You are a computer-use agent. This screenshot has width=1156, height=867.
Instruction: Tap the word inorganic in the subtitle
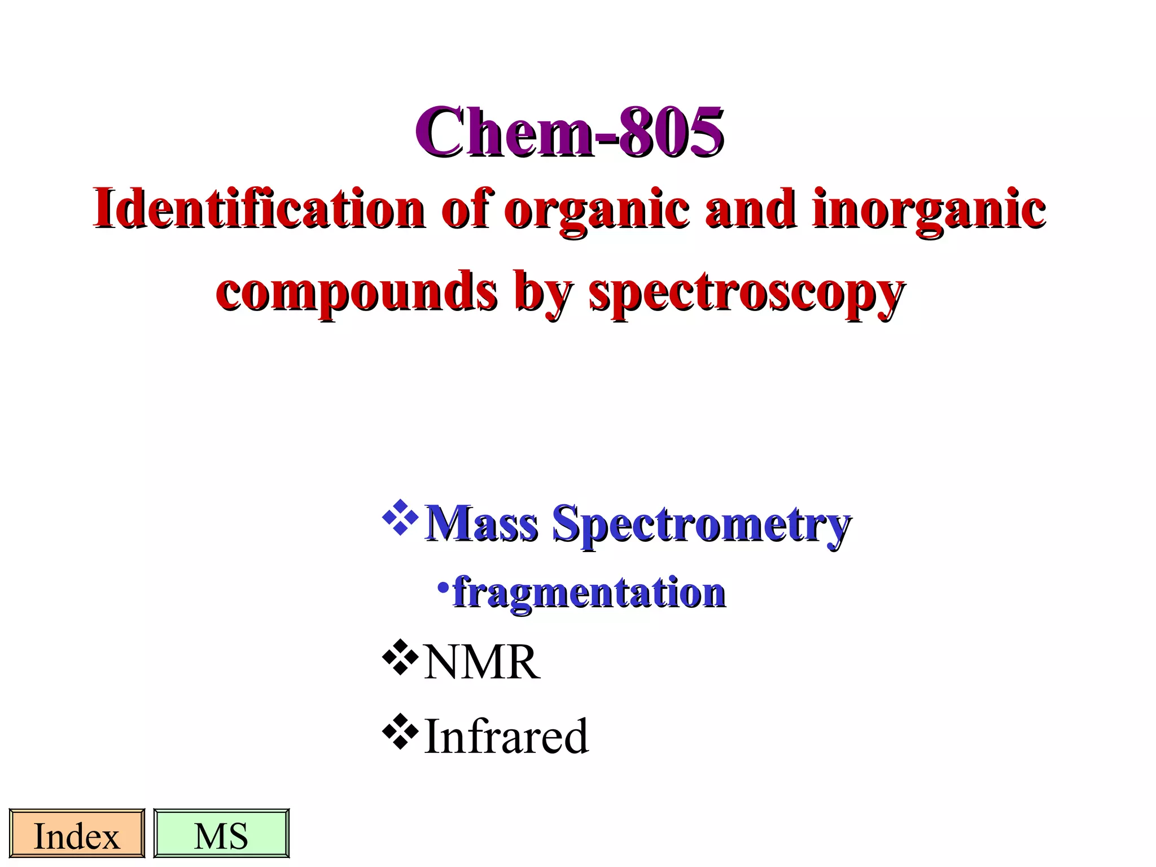(x=929, y=210)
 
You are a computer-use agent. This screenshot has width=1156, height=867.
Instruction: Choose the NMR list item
(x=481, y=662)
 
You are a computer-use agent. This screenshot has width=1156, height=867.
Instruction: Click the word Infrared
(x=506, y=736)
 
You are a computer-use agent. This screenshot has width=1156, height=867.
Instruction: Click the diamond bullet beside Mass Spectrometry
(x=400, y=517)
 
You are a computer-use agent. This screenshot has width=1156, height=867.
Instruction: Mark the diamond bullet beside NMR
(x=400, y=657)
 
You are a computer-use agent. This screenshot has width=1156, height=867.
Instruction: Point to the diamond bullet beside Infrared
(x=400, y=732)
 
